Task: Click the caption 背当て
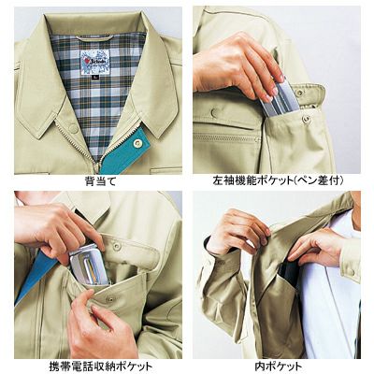pyautogui.click(x=100, y=181)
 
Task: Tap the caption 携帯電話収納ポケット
pyautogui.click(x=101, y=366)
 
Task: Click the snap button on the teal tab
pyautogui.click(x=137, y=143)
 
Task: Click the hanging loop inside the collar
pyautogui.click(x=94, y=38)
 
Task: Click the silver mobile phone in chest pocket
pyautogui.click(x=88, y=265)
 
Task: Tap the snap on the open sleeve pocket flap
pyautogui.click(x=300, y=93)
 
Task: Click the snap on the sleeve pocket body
pyautogui.click(x=307, y=119)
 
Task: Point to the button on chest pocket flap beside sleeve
pyautogui.click(x=214, y=113)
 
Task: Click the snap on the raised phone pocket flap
pyautogui.click(x=117, y=246)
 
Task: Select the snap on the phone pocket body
pyautogui.click(x=110, y=299)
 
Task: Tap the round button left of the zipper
pyautogui.click(x=73, y=128)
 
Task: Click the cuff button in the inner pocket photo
pyautogui.click(x=352, y=272)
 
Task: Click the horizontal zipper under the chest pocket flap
pyautogui.click(x=227, y=137)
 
